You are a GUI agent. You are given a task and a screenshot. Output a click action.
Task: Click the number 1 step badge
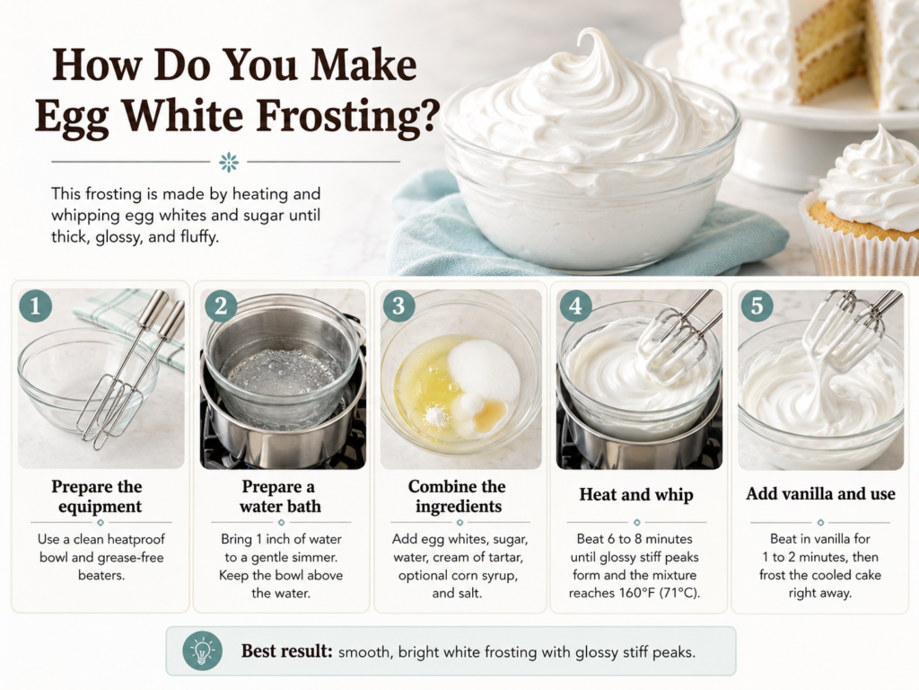click(35, 305)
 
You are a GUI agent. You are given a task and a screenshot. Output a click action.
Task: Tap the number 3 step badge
click(398, 305)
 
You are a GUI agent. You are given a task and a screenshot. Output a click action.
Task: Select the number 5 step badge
click(757, 305)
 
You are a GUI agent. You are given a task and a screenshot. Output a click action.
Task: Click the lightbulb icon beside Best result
click(202, 651)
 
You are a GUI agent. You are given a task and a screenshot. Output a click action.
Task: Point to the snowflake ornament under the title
click(229, 162)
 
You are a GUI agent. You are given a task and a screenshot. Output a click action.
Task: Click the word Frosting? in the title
click(348, 116)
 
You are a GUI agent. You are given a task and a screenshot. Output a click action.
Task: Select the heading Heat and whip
click(636, 495)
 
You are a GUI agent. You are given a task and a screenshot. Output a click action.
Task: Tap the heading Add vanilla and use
click(820, 494)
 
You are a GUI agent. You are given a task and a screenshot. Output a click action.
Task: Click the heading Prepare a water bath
click(281, 496)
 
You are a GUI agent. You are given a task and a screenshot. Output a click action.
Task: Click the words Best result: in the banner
click(287, 651)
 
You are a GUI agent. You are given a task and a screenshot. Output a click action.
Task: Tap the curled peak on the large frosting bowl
click(592, 44)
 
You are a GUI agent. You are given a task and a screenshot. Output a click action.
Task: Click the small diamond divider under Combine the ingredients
click(459, 522)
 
